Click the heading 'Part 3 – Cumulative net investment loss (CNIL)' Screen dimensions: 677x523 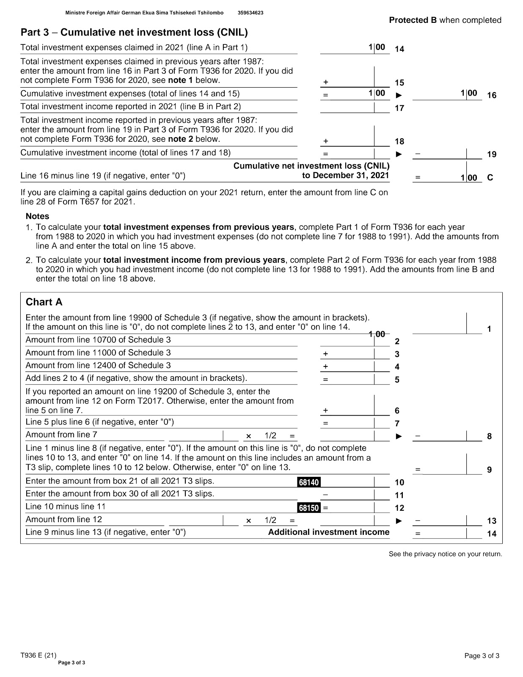pos(134,32)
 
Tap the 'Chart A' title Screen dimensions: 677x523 pos(44,302)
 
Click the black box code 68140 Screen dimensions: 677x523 pos(309,482)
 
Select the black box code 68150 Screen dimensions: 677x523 pos(309,508)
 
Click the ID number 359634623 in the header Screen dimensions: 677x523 pos(250,13)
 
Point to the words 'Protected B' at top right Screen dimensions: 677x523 pos(413,20)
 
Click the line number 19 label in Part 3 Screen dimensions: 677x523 pos(492,154)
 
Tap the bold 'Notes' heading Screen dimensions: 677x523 pos(37,216)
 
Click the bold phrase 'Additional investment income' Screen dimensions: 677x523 pos(329,532)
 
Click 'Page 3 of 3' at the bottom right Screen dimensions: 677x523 pos(482,656)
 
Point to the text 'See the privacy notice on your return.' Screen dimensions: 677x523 pos(446,554)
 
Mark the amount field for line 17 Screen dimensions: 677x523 pos(355,107)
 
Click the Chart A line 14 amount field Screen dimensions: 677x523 pos(447,533)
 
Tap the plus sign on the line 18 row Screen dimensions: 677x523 pos(325,141)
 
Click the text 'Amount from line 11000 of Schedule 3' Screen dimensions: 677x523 pos(98,352)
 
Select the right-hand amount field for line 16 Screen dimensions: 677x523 pos(447,94)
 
